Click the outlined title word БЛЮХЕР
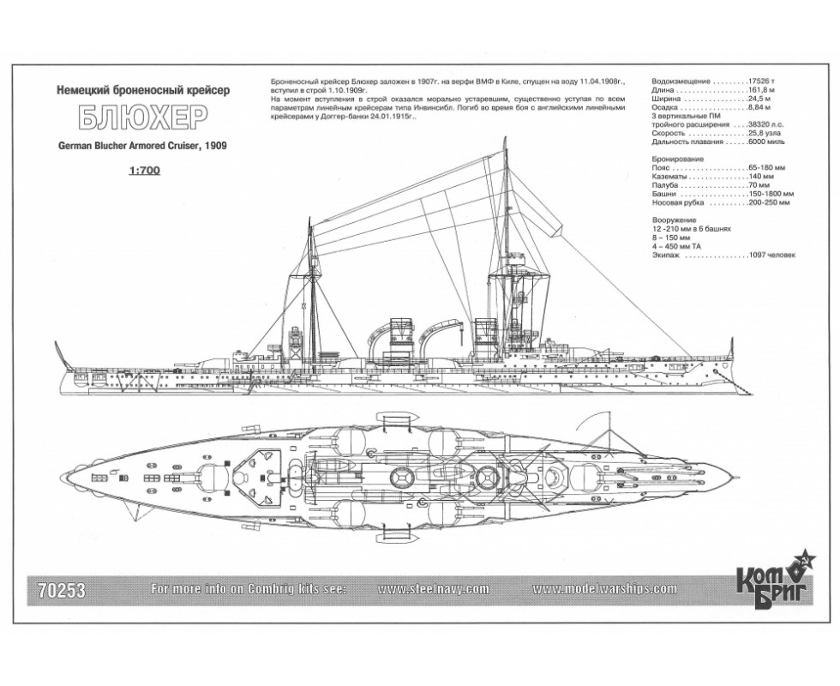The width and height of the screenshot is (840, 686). pyautogui.click(x=143, y=119)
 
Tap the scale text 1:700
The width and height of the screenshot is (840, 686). pyautogui.click(x=143, y=171)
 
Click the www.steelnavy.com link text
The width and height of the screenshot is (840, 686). pyautogui.click(x=433, y=589)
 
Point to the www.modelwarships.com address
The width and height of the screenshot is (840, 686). pyautogui.click(x=604, y=589)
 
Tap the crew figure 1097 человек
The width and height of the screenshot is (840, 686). pyautogui.click(x=772, y=256)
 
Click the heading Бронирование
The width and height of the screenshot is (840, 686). pyautogui.click(x=678, y=159)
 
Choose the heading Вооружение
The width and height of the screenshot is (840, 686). pyautogui.click(x=674, y=220)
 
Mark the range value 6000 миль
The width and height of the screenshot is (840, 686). pyautogui.click(x=766, y=141)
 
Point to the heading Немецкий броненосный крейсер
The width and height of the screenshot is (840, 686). pyautogui.click(x=143, y=91)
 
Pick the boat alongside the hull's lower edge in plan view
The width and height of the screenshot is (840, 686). pyautogui.click(x=397, y=536)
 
